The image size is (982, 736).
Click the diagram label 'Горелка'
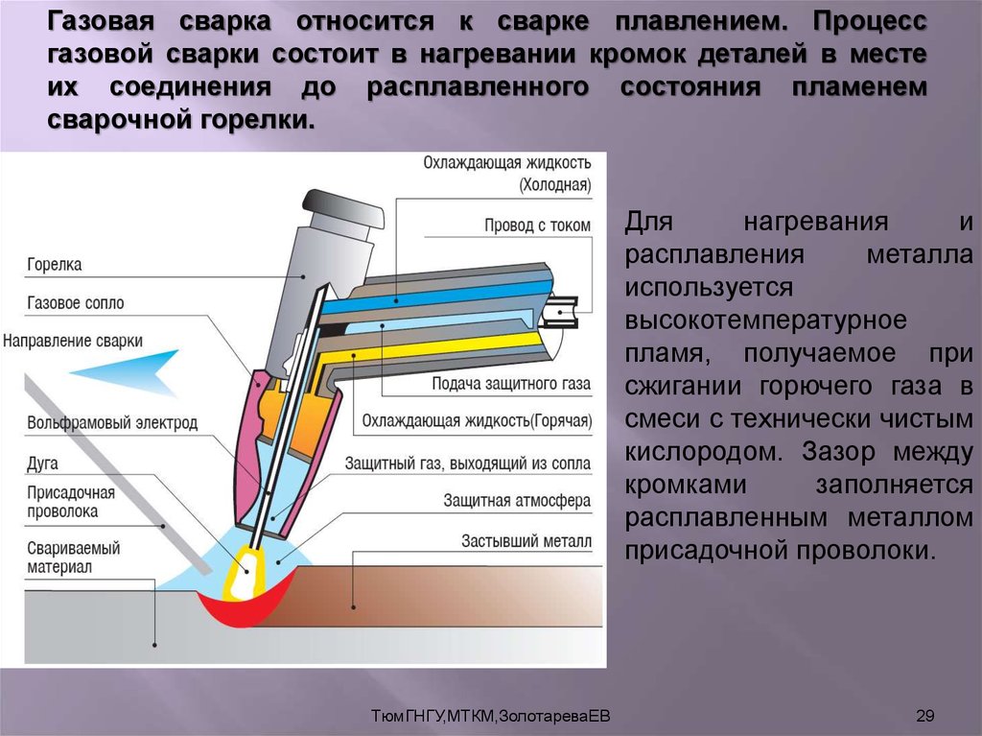tap(56, 264)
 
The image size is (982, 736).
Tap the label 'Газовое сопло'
tap(77, 302)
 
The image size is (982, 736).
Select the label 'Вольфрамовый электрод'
tap(113, 422)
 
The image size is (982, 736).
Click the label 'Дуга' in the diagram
tap(43, 463)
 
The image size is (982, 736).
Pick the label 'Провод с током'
tap(537, 226)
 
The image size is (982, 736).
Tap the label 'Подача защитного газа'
tap(510, 384)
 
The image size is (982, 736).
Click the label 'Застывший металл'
tap(526, 541)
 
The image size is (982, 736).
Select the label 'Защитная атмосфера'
tap(517, 501)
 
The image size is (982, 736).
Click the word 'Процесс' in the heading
tap(870, 20)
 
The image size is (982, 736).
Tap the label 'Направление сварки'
tap(73, 341)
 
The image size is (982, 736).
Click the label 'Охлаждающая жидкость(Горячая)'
tap(477, 421)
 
